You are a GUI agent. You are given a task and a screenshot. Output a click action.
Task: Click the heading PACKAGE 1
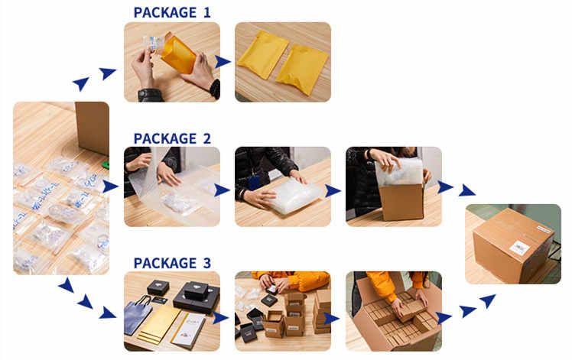coord(172,12)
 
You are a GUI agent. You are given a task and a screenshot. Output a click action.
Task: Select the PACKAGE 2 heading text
coord(172,138)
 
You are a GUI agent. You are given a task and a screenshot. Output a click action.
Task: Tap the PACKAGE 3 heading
coord(172,263)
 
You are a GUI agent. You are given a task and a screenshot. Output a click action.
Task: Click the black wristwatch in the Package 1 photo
coord(216,89)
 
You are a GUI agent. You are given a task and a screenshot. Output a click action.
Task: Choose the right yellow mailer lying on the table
coord(302,69)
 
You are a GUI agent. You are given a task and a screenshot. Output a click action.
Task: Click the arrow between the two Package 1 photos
coord(223,62)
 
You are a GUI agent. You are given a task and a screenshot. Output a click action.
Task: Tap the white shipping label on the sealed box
coord(519,248)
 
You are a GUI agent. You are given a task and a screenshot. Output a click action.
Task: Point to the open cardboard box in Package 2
coord(401,201)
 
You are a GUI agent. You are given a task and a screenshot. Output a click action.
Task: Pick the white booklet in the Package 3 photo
coord(189,329)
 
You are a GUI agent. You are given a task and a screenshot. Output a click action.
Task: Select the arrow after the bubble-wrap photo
coord(333,191)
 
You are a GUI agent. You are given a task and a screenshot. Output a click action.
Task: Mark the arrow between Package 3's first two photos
coord(220,318)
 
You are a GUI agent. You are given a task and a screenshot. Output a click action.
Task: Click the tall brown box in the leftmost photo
coord(93,128)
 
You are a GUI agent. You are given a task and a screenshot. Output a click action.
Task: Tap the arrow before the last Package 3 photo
coord(331,319)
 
